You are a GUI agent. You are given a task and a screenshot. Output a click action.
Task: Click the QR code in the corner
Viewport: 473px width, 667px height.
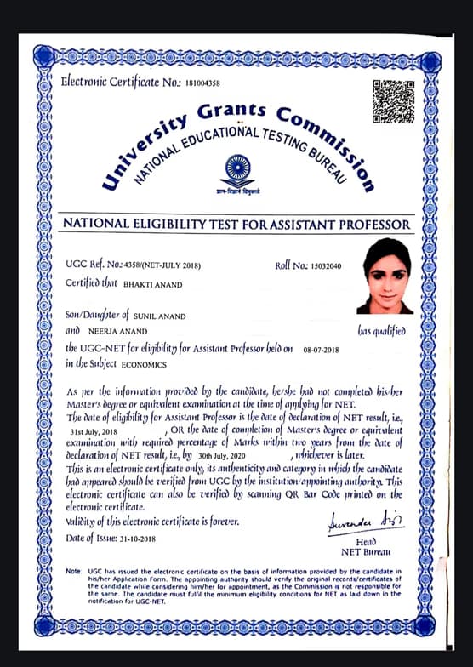[x=393, y=102]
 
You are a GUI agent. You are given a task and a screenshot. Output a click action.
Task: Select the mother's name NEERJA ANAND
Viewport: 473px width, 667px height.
[x=118, y=332]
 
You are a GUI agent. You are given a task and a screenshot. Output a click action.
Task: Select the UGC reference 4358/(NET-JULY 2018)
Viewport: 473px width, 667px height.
[x=174, y=266]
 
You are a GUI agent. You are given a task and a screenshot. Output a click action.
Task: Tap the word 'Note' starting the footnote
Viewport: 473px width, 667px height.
[x=76, y=569]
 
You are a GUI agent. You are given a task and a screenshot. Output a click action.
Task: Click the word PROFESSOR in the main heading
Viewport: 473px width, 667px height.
[x=362, y=225]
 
